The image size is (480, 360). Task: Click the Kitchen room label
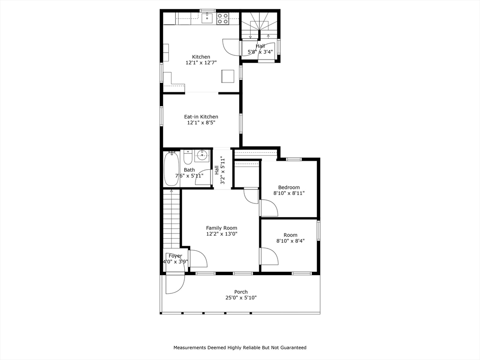(201, 57)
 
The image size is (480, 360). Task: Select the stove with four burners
(223, 19)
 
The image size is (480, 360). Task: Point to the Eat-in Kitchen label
(201, 117)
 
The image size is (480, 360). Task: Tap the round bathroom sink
(202, 156)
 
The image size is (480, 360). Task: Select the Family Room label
(222, 228)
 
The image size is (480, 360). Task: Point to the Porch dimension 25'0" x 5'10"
(241, 298)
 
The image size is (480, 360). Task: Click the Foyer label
(175, 256)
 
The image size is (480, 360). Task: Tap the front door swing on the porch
(174, 284)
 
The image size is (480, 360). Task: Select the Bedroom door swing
(268, 208)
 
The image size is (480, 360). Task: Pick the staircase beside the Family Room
(172, 218)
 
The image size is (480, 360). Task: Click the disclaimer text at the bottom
(240, 347)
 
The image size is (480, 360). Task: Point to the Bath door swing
(203, 177)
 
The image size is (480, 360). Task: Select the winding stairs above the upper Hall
(259, 24)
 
